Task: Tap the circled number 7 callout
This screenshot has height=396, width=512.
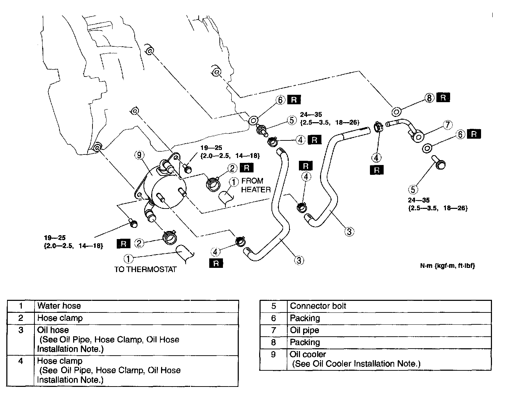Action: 447,125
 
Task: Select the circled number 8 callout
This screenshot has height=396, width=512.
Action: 429,98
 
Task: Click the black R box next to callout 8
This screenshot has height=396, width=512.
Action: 443,98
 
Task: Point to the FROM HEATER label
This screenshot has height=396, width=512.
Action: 256,185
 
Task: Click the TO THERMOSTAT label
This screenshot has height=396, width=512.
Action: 145,270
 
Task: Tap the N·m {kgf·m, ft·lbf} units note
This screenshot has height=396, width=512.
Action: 447,266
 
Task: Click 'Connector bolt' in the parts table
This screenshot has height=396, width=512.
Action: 318,306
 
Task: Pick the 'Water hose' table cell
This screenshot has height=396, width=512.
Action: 59,306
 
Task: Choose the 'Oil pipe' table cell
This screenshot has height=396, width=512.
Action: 305,330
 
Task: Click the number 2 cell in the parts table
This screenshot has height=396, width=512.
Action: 21,318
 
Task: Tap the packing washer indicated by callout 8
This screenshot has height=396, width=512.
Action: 396,112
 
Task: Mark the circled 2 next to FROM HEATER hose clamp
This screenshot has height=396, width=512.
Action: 232,168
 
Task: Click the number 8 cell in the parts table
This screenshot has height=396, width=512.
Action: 274,342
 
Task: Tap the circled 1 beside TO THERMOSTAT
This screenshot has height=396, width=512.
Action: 128,259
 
